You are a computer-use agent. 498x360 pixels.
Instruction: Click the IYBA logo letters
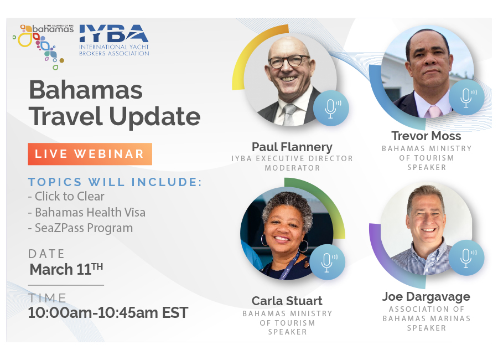tap(113, 34)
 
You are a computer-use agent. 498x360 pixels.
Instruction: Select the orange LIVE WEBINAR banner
tap(90, 154)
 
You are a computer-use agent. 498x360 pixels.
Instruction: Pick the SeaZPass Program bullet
tap(80, 228)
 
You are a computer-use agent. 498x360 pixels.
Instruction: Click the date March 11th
tap(66, 269)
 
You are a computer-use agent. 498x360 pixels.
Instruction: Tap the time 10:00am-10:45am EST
tap(108, 312)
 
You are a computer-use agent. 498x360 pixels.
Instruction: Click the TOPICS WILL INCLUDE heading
tap(115, 182)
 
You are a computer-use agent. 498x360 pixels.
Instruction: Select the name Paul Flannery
tap(292, 147)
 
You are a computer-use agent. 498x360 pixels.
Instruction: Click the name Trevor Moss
tap(426, 136)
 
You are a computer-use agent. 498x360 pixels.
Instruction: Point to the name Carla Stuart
tap(287, 301)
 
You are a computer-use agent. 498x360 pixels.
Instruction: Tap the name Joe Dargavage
tap(426, 297)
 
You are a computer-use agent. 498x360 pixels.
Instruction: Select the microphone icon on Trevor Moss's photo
tap(466, 97)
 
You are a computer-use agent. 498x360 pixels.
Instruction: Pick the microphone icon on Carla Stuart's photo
tap(327, 262)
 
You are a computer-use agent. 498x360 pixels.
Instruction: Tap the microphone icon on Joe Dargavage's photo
tap(466, 258)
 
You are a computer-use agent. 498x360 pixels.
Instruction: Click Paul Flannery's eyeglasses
tap(289, 61)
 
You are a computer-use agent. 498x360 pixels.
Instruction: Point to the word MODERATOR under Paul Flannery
tap(292, 168)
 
